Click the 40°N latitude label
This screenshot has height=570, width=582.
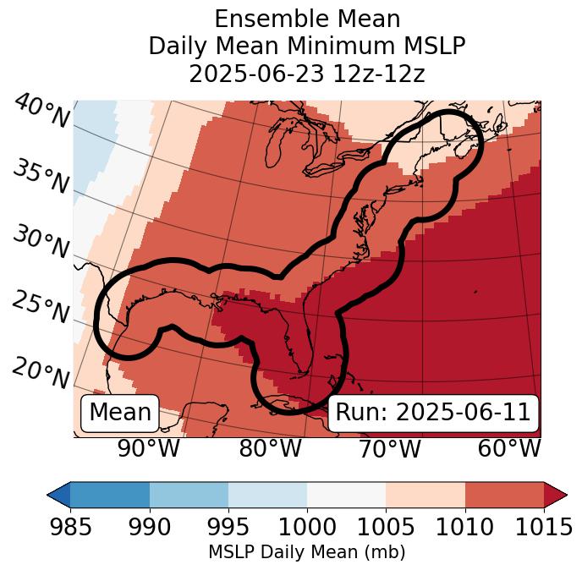[x=41, y=112]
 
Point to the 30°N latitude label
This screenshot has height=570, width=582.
[x=41, y=243]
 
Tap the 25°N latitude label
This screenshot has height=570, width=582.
[x=41, y=308]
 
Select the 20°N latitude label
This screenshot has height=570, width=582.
[x=41, y=372]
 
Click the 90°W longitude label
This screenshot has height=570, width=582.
[x=149, y=448]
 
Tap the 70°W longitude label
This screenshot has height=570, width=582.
[x=390, y=448]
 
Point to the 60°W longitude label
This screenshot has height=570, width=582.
[x=509, y=448]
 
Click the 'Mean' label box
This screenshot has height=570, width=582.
[x=120, y=413]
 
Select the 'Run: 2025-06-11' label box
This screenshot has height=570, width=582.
[x=433, y=413]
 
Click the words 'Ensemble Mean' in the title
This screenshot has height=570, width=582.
[x=307, y=19]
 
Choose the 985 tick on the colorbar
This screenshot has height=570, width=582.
[x=70, y=527]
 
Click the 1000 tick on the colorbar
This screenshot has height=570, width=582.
[x=307, y=527]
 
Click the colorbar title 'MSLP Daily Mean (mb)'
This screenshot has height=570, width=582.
[x=307, y=553]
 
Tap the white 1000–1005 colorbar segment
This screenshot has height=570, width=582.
[x=346, y=494]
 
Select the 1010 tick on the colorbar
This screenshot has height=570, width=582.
[x=464, y=527]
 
